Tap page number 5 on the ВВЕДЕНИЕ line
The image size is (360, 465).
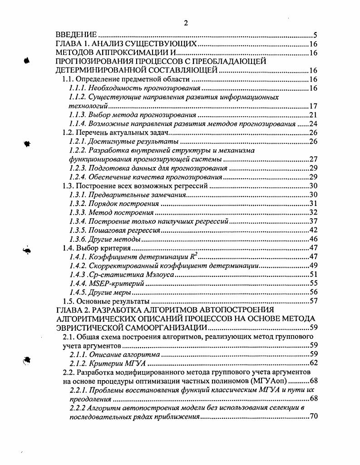click(x=315, y=35)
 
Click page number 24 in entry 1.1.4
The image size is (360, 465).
click(x=312, y=123)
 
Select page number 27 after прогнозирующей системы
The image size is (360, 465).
click(x=312, y=159)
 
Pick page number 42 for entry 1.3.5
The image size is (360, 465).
click(x=312, y=230)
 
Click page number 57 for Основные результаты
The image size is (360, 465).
click(x=312, y=301)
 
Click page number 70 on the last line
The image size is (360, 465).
click(x=312, y=416)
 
